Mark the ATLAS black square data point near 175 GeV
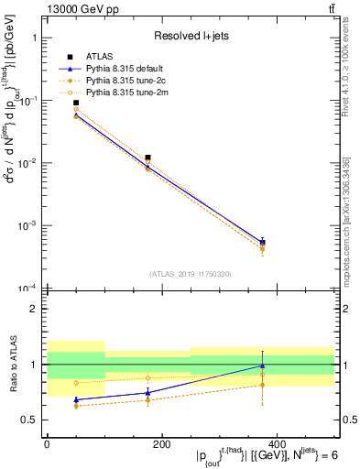click(147, 158)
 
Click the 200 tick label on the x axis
click(161, 444)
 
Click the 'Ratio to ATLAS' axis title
click(12, 365)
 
